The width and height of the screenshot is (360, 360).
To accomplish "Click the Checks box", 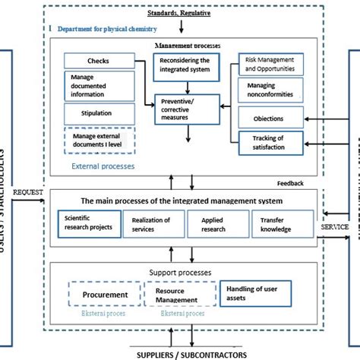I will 97,60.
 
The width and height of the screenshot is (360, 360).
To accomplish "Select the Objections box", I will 271,118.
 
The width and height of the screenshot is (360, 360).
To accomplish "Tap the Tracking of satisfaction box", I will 271,142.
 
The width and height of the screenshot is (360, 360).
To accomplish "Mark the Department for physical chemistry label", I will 103,30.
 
